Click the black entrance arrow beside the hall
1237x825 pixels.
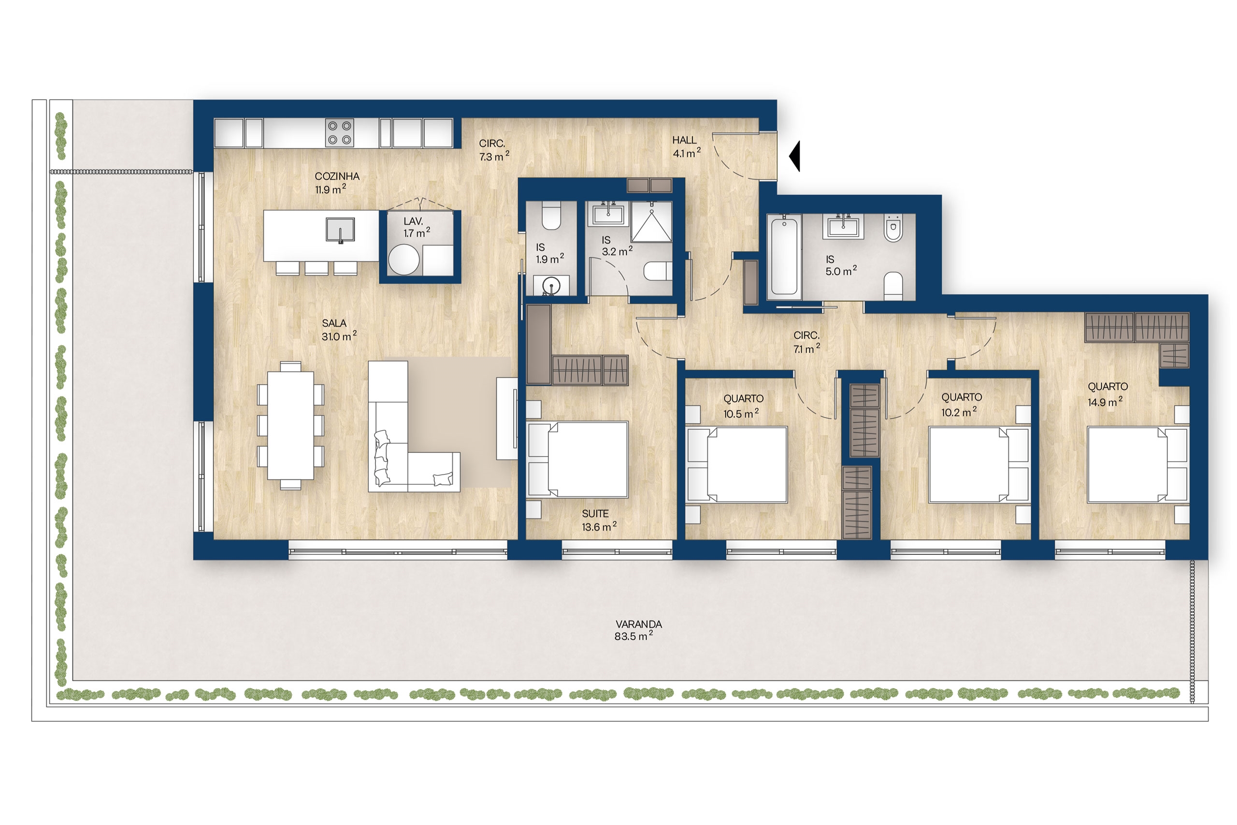click(796, 156)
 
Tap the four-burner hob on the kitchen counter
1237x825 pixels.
click(339, 132)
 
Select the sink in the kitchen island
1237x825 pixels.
click(340, 230)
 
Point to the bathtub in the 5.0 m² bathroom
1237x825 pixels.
click(784, 257)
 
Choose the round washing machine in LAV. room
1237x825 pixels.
click(403, 260)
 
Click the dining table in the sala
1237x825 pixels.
click(290, 425)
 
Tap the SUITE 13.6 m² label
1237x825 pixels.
click(599, 521)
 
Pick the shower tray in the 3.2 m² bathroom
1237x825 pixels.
click(651, 221)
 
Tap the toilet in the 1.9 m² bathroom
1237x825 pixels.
click(551, 216)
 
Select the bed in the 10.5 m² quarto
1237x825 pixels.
click(737, 464)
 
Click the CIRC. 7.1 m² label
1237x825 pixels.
click(806, 342)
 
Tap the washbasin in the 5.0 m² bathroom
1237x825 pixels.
click(843, 227)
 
